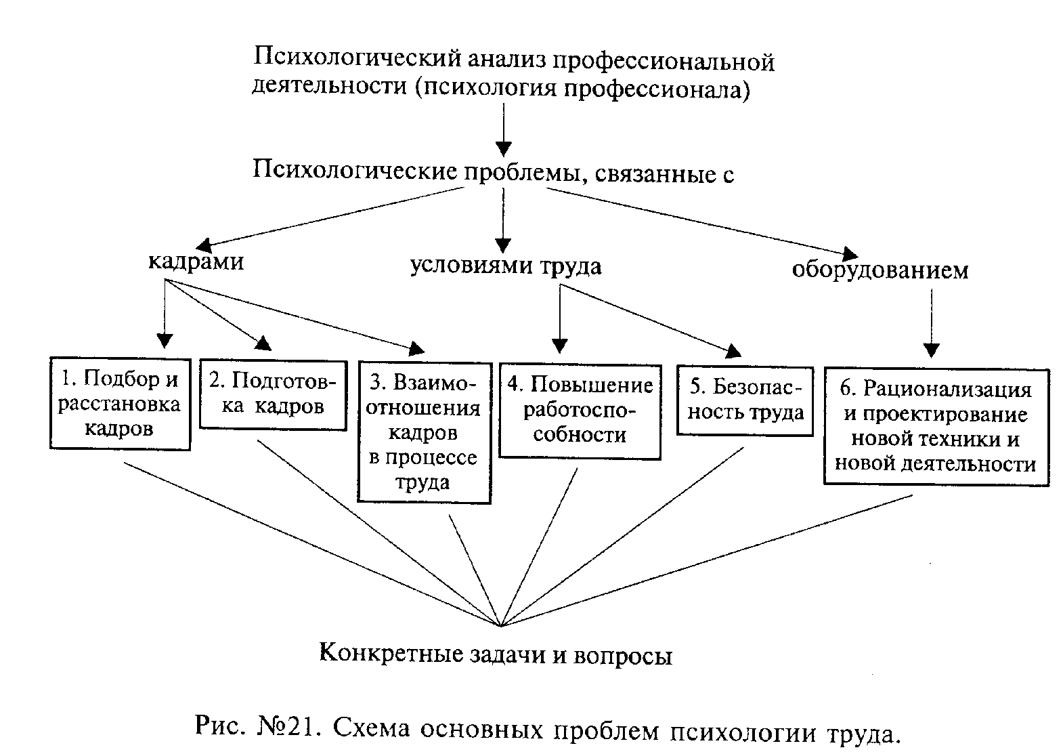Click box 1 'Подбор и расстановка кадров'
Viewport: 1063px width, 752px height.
coord(120,404)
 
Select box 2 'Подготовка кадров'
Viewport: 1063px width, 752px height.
coord(272,394)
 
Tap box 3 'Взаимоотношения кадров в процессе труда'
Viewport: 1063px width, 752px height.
coord(424,432)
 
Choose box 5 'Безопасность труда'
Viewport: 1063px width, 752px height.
coord(745,400)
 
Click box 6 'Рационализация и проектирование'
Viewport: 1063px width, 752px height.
coord(936,427)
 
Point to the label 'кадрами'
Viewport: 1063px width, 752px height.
coord(196,262)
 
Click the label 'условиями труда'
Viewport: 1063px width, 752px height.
coord(506,266)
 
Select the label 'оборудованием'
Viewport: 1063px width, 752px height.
coord(880,270)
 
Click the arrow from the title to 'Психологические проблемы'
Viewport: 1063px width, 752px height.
coord(503,129)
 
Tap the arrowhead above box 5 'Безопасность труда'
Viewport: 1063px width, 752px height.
coord(734,351)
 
